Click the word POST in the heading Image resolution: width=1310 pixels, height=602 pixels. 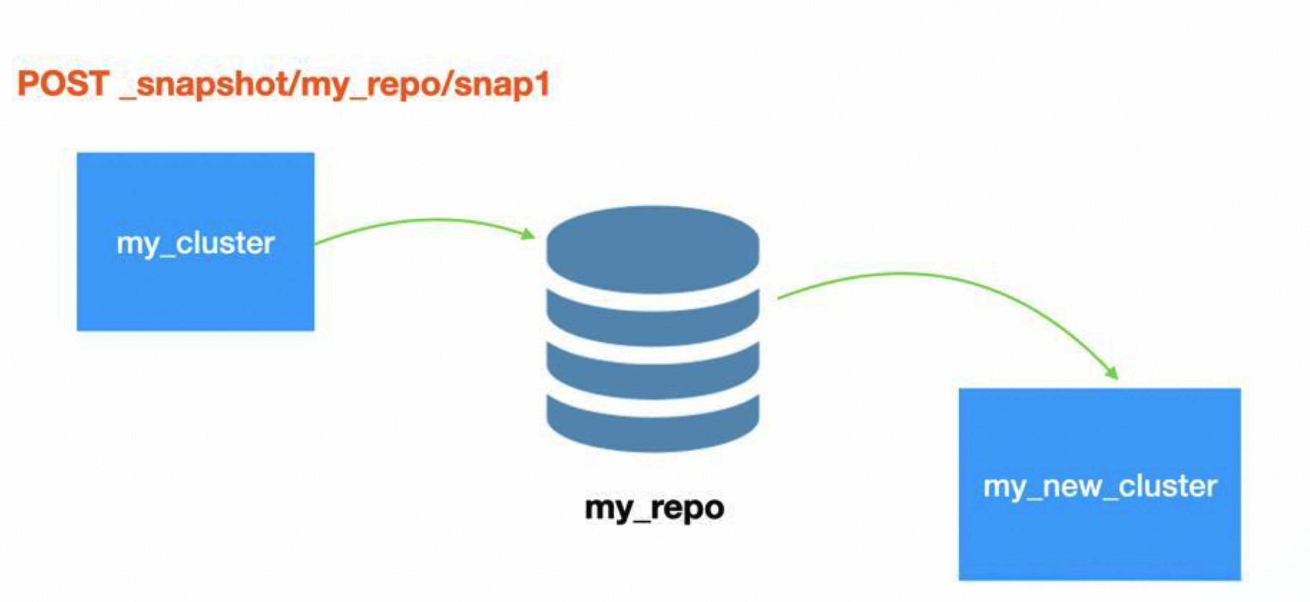point(63,83)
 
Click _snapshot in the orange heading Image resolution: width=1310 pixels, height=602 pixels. point(203,83)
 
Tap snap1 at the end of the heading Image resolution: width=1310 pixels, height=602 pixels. point(501,83)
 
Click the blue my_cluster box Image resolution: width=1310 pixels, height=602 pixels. point(195,295)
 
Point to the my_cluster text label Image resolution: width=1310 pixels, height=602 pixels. point(195,244)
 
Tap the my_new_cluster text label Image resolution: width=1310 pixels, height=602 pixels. point(1099,487)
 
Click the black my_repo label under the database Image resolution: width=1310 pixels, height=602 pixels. point(654,508)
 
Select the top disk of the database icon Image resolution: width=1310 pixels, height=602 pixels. point(653,249)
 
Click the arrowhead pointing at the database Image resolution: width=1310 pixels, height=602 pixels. point(528,235)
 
